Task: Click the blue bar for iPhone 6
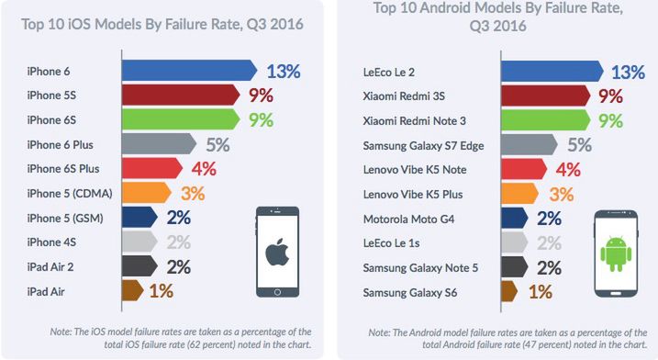[x=188, y=71]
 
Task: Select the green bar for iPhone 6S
[x=180, y=119]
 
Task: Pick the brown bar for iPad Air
[x=134, y=292]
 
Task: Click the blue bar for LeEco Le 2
[x=551, y=71]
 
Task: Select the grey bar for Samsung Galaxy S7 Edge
[x=529, y=143]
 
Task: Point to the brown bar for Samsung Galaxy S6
[x=509, y=292]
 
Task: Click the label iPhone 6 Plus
[x=60, y=144]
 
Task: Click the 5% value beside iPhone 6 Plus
[x=217, y=143]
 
